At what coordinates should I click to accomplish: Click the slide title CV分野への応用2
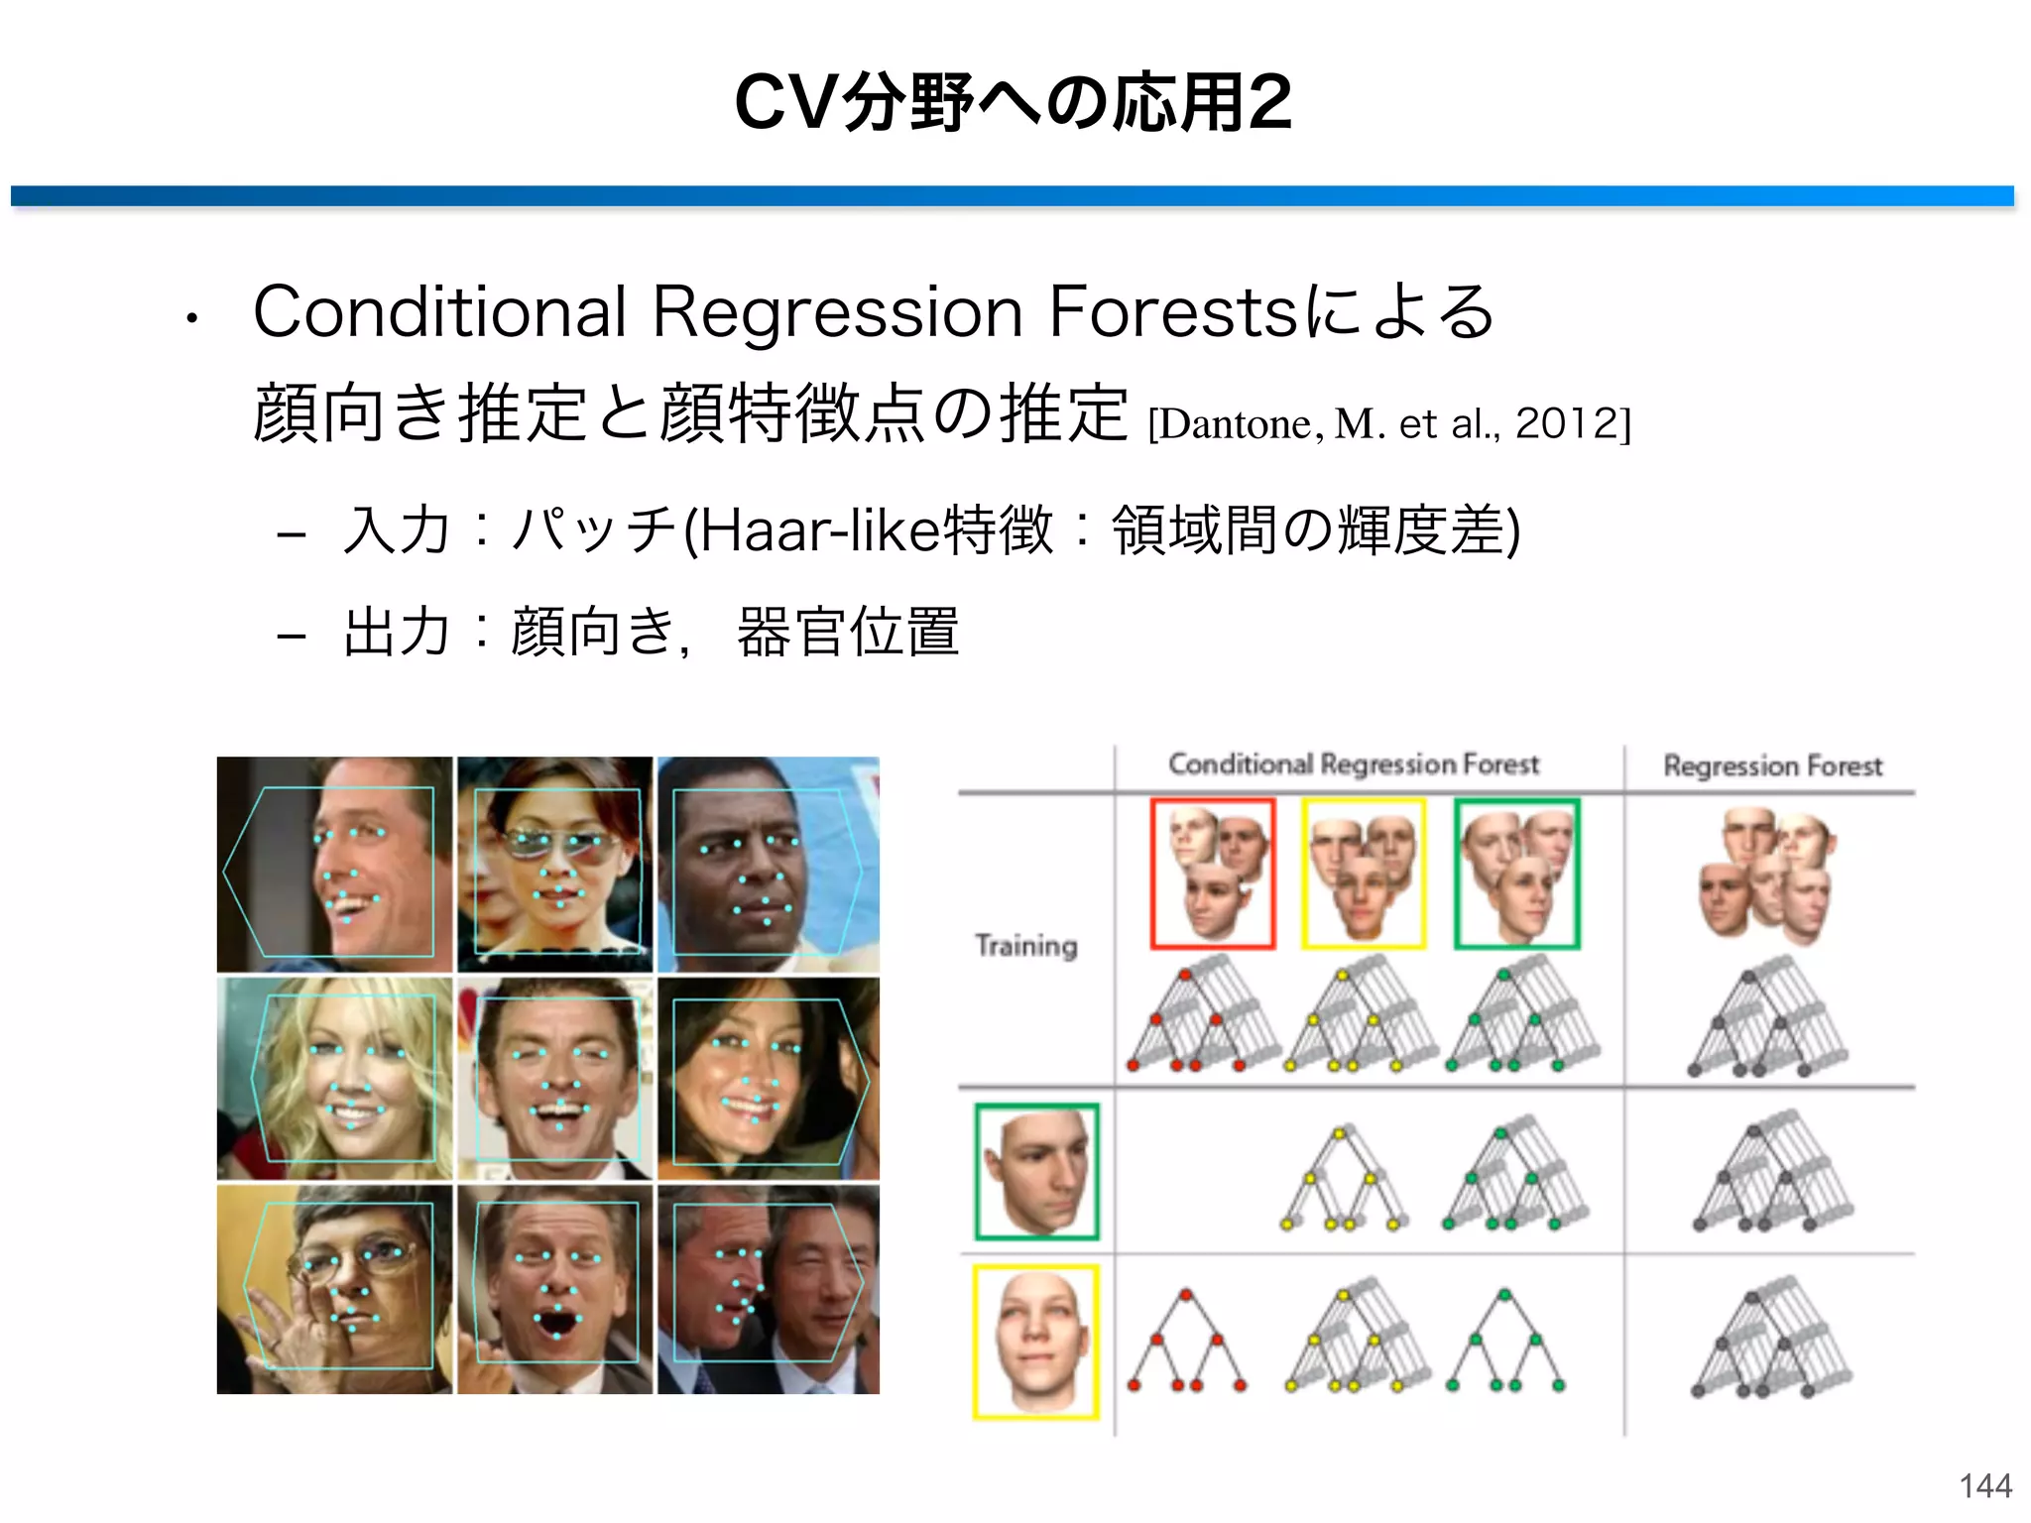(x=1014, y=102)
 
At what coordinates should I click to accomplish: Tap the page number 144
(x=1984, y=1485)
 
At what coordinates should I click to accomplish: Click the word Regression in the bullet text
(x=837, y=312)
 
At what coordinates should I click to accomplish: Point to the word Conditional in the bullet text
(x=440, y=312)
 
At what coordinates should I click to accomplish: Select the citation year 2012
(x=1567, y=423)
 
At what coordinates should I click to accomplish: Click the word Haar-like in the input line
(x=819, y=530)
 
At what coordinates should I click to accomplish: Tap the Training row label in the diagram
(x=1025, y=945)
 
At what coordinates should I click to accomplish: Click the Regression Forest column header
(x=1772, y=765)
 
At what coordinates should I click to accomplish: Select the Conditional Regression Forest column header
(x=1354, y=763)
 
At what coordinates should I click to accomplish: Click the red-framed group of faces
(x=1212, y=874)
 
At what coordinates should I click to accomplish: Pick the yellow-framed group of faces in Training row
(x=1364, y=874)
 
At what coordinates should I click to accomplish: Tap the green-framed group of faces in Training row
(x=1516, y=874)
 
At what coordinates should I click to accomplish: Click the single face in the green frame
(x=1036, y=1171)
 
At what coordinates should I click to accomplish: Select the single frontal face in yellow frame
(x=1036, y=1341)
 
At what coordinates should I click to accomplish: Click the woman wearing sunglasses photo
(x=554, y=864)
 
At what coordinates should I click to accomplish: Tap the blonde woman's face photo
(x=334, y=1078)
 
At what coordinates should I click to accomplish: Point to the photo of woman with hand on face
(x=334, y=1289)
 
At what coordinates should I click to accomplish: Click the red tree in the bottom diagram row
(x=1185, y=1341)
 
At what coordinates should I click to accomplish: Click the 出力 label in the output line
(x=396, y=632)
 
